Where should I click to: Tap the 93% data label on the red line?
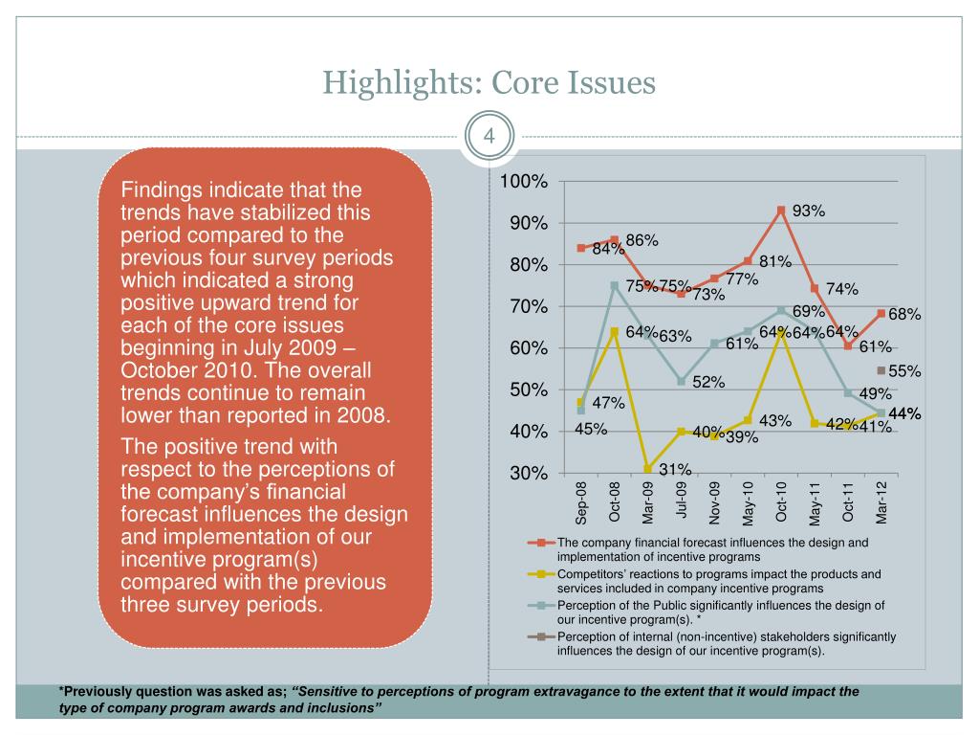pyautogui.click(x=809, y=212)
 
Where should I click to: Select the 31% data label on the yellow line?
pyautogui.click(x=675, y=468)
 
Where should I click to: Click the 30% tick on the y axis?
pyautogui.click(x=529, y=474)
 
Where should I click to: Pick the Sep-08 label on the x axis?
pyautogui.click(x=581, y=502)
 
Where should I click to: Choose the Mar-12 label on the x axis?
pyautogui.click(x=881, y=502)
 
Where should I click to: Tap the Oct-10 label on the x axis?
pyautogui.click(x=781, y=502)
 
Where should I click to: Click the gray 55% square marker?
pyautogui.click(x=881, y=369)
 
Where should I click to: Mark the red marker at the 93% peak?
pyautogui.click(x=781, y=211)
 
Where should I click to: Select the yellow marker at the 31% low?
pyautogui.click(x=648, y=469)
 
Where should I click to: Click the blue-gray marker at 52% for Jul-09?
pyautogui.click(x=682, y=381)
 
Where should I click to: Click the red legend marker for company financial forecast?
pyautogui.click(x=541, y=543)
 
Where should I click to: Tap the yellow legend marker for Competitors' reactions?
pyautogui.click(x=541, y=574)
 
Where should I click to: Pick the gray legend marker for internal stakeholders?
pyautogui.click(x=541, y=636)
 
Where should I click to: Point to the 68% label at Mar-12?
pyautogui.click(x=904, y=314)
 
